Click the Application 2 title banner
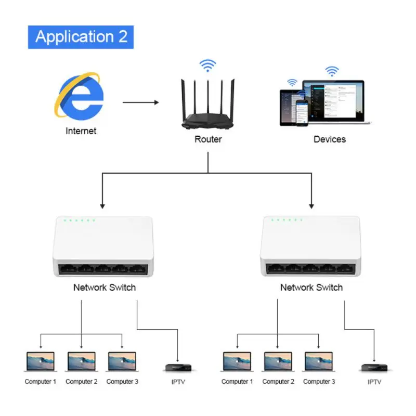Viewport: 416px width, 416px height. [x=81, y=37]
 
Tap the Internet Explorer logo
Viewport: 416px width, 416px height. [x=80, y=95]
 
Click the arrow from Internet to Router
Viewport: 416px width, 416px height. [x=140, y=102]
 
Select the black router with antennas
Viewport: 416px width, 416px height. [x=207, y=105]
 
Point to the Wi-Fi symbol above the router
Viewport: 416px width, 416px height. [x=207, y=66]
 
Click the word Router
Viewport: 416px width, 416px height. [x=208, y=139]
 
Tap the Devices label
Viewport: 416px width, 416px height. [x=330, y=139]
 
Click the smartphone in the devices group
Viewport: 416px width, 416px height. [x=302, y=113]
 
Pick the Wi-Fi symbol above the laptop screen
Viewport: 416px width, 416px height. [x=332, y=71]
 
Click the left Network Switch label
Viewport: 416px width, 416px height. [x=105, y=288]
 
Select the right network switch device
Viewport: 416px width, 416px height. [x=310, y=246]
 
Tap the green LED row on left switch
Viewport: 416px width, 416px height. [x=80, y=220]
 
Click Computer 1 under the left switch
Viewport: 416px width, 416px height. [x=41, y=361]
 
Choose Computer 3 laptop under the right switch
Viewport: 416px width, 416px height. [x=319, y=361]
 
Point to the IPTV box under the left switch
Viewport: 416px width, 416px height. [x=178, y=368]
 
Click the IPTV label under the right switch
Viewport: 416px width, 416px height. [x=374, y=382]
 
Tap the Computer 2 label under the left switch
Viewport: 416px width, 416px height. [x=82, y=382]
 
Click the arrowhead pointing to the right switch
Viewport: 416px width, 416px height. [x=311, y=206]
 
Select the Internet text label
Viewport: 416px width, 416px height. [x=81, y=131]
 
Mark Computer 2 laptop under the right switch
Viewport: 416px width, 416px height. [x=278, y=361]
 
